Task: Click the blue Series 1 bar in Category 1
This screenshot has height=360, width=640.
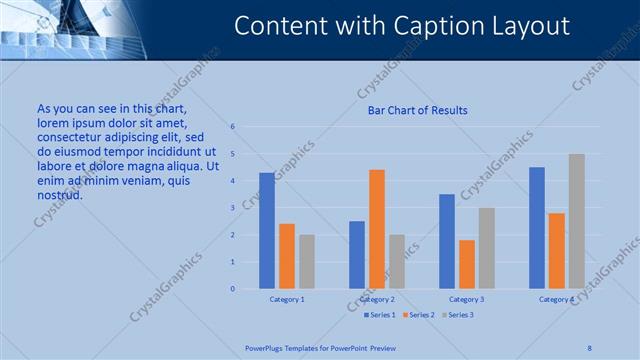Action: [x=267, y=231]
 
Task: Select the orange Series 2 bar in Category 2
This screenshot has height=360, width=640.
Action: [x=377, y=229]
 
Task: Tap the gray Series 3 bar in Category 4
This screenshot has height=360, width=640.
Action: [x=577, y=221]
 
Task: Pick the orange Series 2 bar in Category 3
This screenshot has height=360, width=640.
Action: [x=467, y=264]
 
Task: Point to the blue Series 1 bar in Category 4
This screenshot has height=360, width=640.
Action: [x=537, y=228]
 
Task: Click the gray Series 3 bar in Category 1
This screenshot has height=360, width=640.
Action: [x=307, y=262]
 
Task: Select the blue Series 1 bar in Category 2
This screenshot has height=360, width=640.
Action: [x=357, y=255]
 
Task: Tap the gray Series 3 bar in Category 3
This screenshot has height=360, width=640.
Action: [x=487, y=248]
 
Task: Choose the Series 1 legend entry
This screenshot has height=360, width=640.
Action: [x=380, y=315]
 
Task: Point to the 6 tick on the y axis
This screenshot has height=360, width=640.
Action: [x=232, y=127]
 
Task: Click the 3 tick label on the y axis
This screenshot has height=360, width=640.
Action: [x=232, y=208]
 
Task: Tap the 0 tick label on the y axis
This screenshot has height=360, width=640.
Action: [x=232, y=289]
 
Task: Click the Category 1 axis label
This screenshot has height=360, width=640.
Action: [x=287, y=299]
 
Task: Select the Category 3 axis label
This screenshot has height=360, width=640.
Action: [x=467, y=299]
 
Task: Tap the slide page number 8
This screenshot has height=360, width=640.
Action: [x=589, y=347]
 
